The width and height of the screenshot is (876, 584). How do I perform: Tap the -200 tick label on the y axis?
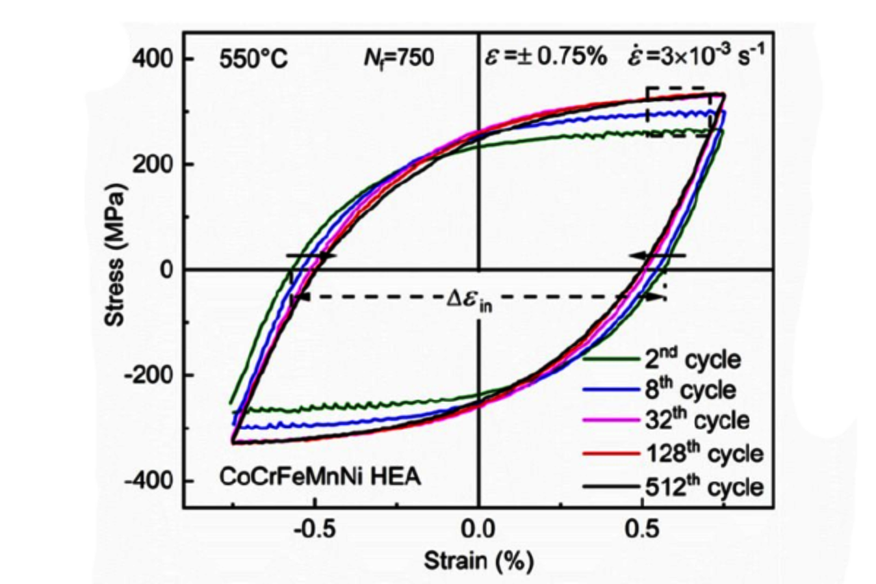coord(146,375)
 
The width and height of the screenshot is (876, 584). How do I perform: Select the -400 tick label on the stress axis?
coord(146,481)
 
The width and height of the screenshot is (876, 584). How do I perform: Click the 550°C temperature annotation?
coord(254,59)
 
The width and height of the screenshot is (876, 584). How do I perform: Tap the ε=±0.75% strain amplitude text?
coord(546,57)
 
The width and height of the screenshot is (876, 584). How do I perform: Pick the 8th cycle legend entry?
coord(691,390)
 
